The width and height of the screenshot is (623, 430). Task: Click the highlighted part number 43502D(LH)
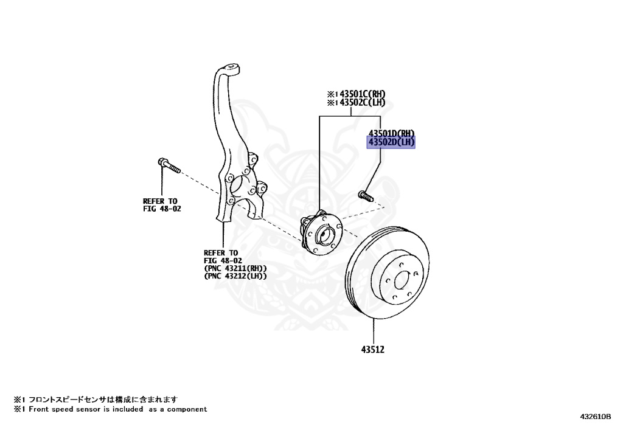391,142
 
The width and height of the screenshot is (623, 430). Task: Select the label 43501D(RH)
391,133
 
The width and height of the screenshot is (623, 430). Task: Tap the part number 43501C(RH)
362,94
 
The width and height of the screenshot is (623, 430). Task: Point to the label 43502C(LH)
362,103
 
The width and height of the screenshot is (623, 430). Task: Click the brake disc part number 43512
372,350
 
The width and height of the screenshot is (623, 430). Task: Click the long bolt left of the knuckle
169,165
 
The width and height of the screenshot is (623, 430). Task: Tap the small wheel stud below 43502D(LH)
364,195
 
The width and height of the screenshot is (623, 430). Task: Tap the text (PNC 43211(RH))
235,268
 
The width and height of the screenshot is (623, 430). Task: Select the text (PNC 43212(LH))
235,276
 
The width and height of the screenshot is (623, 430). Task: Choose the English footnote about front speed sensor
111,409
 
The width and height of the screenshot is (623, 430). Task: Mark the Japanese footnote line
96,400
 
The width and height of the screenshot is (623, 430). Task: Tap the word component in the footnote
186,409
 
